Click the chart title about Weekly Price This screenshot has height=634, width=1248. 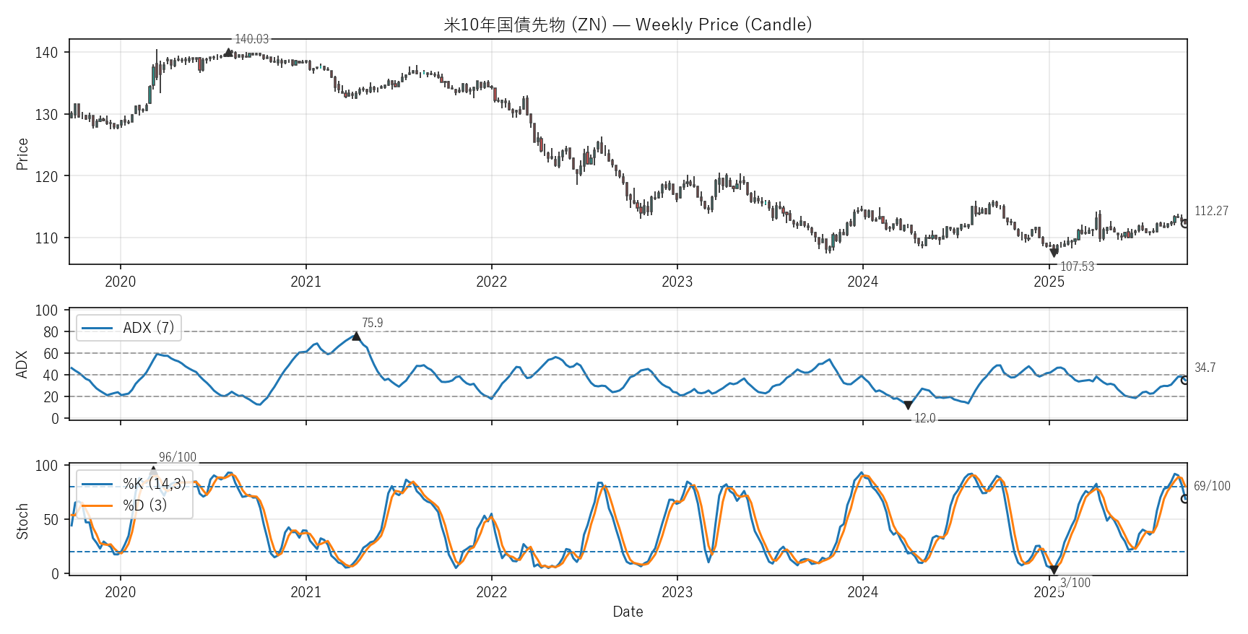click(x=628, y=25)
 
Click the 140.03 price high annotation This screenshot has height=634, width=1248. click(x=251, y=39)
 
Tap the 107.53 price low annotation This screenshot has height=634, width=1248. click(x=1077, y=266)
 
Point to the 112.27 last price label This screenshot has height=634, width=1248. click(x=1211, y=211)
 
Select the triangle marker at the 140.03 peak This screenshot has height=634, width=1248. click(x=229, y=52)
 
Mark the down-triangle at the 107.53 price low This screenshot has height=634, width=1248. click(x=1054, y=253)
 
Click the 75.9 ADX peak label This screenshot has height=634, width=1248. click(x=372, y=323)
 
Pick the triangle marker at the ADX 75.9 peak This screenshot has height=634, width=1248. click(x=356, y=336)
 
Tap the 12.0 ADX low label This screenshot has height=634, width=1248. click(x=924, y=418)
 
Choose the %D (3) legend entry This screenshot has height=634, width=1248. click(x=144, y=505)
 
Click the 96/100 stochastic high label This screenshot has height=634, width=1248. click(x=178, y=457)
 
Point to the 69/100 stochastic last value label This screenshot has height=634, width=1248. click(x=1212, y=486)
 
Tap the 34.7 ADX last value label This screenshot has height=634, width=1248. click(x=1205, y=368)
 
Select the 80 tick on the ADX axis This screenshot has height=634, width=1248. click(x=51, y=332)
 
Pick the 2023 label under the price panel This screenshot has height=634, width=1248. click(x=677, y=282)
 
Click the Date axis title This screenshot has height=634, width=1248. click(x=628, y=612)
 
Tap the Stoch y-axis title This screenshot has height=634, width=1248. click(x=22, y=521)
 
